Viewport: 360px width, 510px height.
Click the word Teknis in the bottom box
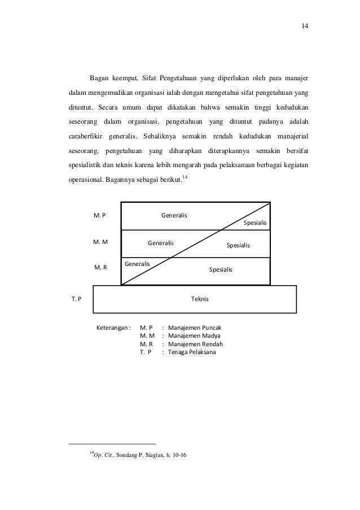click(200, 299)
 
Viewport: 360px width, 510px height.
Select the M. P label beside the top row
click(100, 215)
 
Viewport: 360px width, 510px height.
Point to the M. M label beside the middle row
click(100, 242)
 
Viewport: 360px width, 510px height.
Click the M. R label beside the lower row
click(100, 268)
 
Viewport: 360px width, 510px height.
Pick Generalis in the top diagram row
click(174, 215)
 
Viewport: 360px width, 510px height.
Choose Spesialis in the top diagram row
click(255, 223)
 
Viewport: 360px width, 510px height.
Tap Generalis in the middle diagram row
click(161, 243)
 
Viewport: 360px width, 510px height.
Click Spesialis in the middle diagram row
click(238, 246)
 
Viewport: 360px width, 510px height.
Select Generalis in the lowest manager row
click(137, 264)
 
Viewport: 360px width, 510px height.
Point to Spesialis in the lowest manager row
click(221, 270)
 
